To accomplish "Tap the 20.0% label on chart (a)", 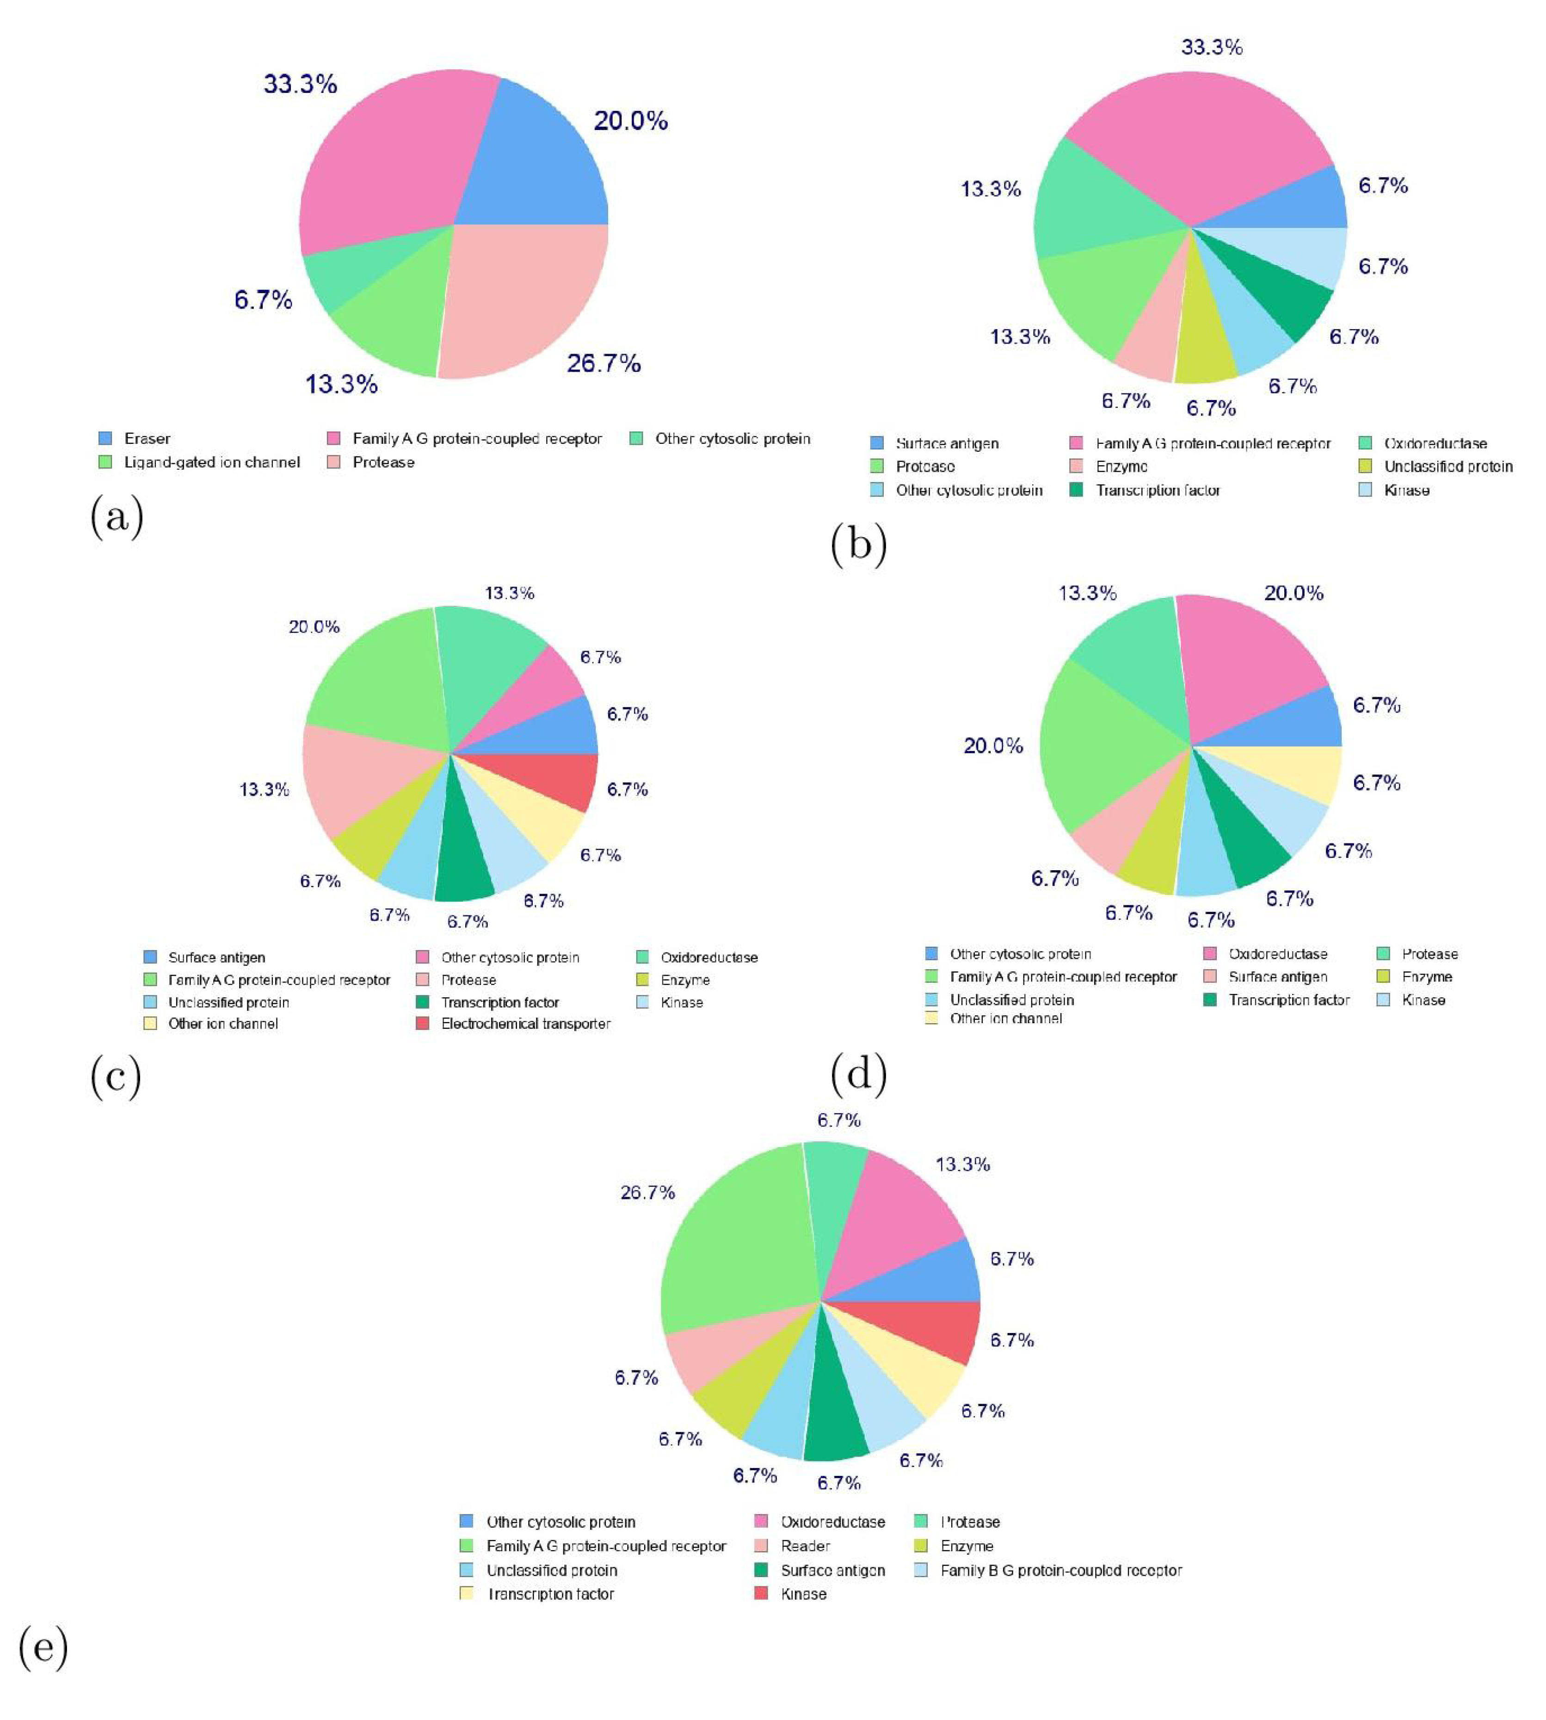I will (630, 121).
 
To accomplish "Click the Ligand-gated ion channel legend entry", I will (211, 462).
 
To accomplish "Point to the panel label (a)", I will (117, 516).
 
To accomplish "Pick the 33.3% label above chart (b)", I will (1211, 47).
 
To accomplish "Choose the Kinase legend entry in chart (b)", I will (1406, 490).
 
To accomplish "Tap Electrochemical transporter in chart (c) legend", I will (525, 1024).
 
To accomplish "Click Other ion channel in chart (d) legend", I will (1005, 1019).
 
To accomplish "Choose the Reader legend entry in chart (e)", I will (804, 1546).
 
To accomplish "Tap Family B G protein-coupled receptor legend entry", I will (1060, 1570).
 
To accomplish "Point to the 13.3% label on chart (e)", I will (962, 1165).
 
